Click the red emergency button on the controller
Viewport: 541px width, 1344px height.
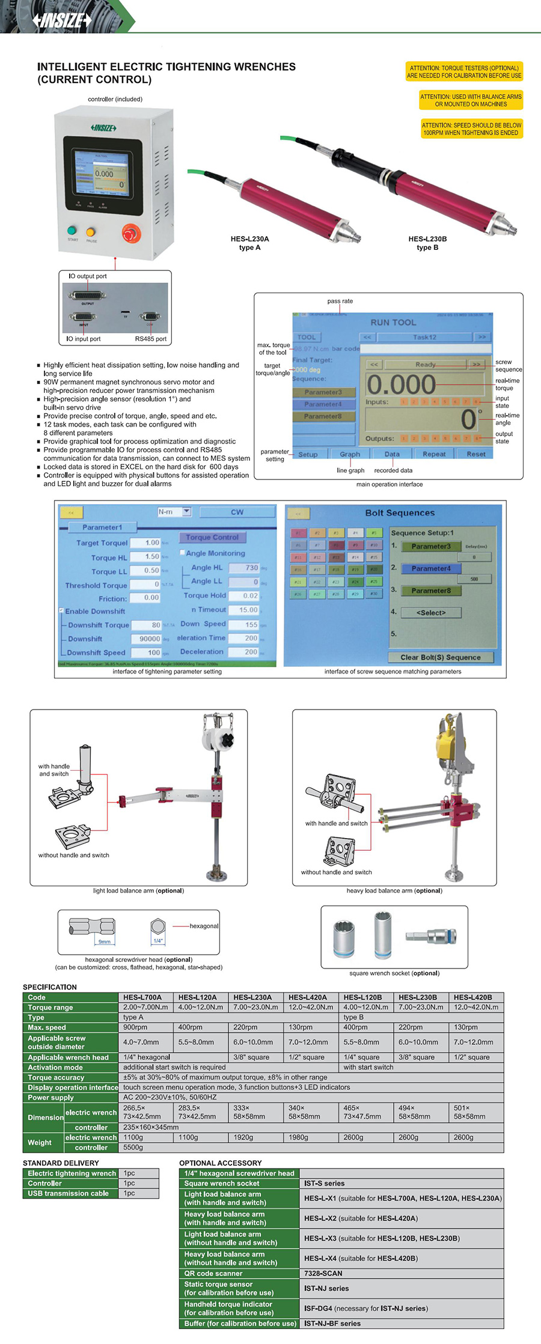coord(131,233)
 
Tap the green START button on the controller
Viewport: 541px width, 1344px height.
coord(73,231)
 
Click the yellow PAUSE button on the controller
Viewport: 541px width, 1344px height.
coord(91,232)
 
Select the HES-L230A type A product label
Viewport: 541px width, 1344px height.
coord(249,243)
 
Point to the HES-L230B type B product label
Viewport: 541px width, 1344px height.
coord(427,243)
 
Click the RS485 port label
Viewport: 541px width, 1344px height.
coord(150,339)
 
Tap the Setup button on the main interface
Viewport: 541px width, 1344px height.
coord(308,454)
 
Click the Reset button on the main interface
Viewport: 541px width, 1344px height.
coord(475,454)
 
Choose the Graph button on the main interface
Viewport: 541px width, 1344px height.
coord(350,454)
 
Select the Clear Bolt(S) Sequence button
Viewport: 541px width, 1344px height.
coord(441,657)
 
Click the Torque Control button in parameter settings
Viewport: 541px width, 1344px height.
coord(212,537)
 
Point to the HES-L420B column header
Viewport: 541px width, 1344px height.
coord(472,997)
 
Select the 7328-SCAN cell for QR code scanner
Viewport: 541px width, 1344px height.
coord(323,1273)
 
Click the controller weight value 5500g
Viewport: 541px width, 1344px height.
coord(133,1148)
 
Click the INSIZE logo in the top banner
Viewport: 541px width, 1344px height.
coord(63,20)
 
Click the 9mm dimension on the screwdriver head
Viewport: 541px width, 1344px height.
coord(104,941)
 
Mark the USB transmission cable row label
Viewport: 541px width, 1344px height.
coord(68,1193)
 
